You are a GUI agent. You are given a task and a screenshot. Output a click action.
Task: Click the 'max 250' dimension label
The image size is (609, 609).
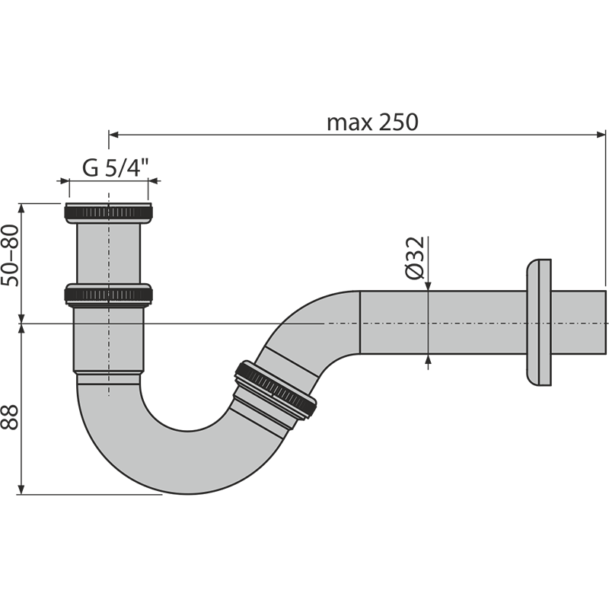(x=372, y=123)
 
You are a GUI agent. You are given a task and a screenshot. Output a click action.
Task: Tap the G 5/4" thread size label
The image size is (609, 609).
(x=114, y=169)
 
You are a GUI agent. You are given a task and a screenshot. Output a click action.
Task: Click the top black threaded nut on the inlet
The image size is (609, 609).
(x=110, y=212)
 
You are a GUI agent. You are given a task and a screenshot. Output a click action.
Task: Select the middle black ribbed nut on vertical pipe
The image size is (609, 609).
(x=110, y=295)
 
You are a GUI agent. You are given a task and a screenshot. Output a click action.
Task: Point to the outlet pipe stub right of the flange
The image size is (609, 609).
(x=579, y=324)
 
